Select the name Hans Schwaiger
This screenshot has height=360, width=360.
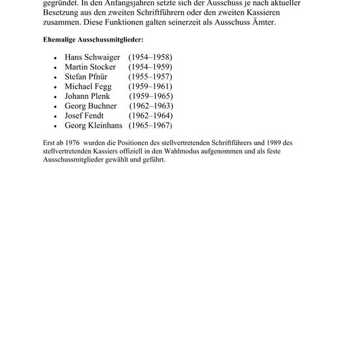click(x=92, y=57)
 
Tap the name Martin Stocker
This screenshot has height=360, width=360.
click(x=90, y=67)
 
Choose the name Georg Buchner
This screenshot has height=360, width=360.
click(x=91, y=106)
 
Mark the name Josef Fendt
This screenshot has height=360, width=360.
click(x=85, y=116)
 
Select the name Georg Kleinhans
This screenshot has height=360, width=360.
click(x=94, y=126)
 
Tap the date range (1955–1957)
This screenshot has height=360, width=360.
click(x=150, y=77)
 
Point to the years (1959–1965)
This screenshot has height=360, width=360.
click(x=150, y=96)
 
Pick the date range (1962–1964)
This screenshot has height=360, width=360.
click(x=150, y=116)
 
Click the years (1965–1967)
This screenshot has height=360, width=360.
click(x=150, y=126)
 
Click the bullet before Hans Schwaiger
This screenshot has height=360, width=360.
click(x=57, y=58)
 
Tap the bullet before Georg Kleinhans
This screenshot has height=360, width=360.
click(x=57, y=126)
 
